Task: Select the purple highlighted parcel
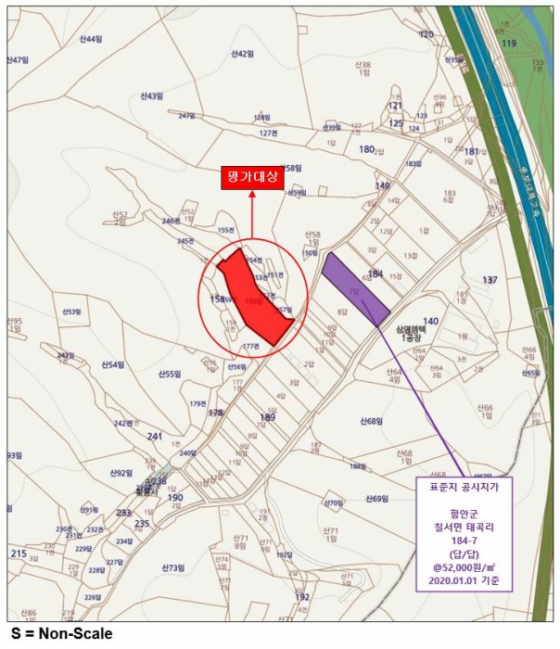pyautogui.click(x=355, y=288)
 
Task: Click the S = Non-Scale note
pyautogui.click(x=62, y=634)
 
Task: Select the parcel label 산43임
pyautogui.click(x=152, y=95)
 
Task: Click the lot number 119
pyautogui.click(x=508, y=44)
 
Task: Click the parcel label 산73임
pyautogui.click(x=173, y=567)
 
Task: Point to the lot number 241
pyautogui.click(x=155, y=436)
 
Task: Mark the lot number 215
pyautogui.click(x=19, y=554)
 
